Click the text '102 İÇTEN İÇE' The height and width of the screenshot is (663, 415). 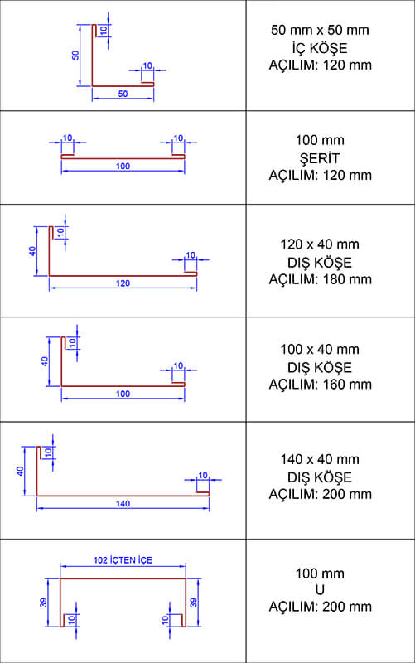point(123,560)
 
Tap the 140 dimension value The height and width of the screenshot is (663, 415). point(123,503)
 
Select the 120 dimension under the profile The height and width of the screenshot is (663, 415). point(123,283)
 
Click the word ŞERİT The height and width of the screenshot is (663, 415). point(320,158)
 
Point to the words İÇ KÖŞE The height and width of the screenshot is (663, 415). point(320,48)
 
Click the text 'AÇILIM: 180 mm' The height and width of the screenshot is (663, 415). point(320,279)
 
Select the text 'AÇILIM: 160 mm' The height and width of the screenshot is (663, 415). point(320,384)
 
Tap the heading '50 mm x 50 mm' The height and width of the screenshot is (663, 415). point(320,30)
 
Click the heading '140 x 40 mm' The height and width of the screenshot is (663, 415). point(320,459)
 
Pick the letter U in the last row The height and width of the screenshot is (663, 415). point(320,589)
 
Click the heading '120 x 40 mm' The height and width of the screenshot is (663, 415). point(320,244)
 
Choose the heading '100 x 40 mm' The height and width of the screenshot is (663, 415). point(320,349)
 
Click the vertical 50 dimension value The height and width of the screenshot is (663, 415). point(75,55)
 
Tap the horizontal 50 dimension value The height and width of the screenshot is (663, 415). point(123,94)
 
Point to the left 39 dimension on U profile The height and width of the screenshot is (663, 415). point(43,603)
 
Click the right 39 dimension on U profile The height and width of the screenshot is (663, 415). point(194,603)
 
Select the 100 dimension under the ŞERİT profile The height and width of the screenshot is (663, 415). point(123,166)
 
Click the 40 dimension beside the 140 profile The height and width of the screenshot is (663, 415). point(20,471)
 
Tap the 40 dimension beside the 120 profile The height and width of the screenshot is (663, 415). point(32,251)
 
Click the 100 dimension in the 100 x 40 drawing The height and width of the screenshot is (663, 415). point(123,394)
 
